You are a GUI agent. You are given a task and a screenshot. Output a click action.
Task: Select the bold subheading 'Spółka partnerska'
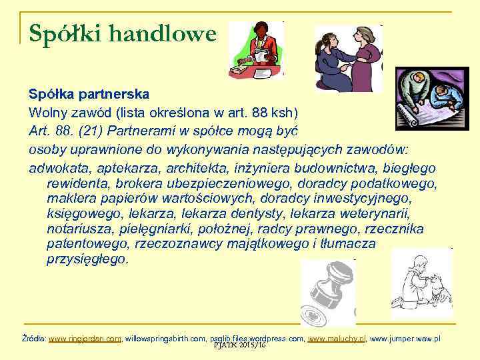point(89,93)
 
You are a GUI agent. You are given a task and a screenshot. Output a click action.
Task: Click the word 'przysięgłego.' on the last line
point(87,260)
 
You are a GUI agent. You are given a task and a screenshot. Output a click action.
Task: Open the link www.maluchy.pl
point(337,339)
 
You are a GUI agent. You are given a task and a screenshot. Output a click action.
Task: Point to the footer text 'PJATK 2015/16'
point(238,347)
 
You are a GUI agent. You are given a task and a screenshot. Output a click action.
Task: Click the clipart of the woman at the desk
point(256,51)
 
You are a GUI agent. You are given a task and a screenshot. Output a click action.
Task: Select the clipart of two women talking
point(348,59)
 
